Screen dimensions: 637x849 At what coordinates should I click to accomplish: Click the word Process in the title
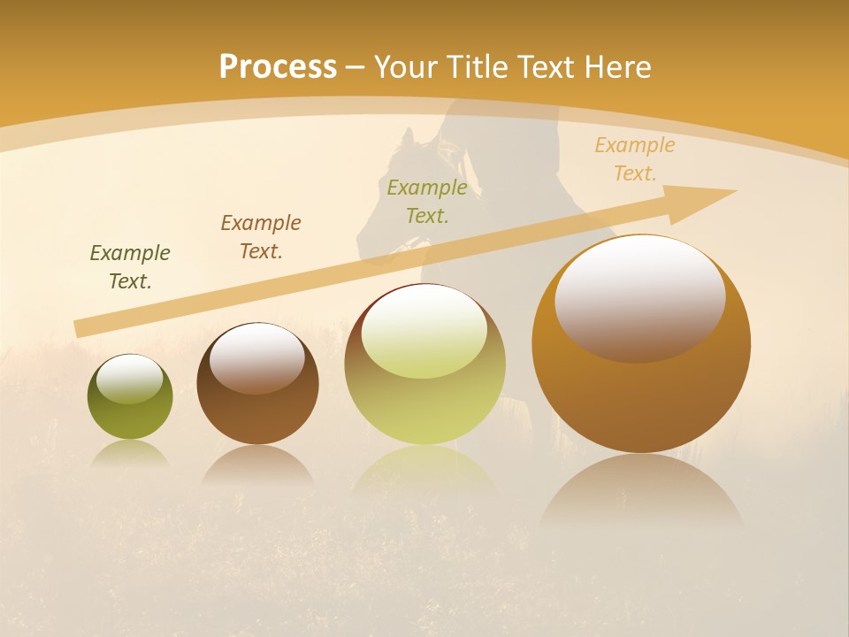pos(278,67)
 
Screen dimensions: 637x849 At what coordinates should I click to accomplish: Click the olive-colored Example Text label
pos(130,267)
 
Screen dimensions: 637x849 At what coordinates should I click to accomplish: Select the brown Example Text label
pos(261,237)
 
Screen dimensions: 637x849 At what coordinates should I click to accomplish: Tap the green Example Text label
pos(427,202)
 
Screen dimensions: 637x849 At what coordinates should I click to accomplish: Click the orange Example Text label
pos(635,159)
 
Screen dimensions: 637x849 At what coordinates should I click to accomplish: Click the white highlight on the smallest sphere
pos(130,380)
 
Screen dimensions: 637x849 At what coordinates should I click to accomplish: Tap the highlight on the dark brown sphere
pos(257,357)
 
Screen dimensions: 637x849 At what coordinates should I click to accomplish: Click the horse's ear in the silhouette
pos(408,138)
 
